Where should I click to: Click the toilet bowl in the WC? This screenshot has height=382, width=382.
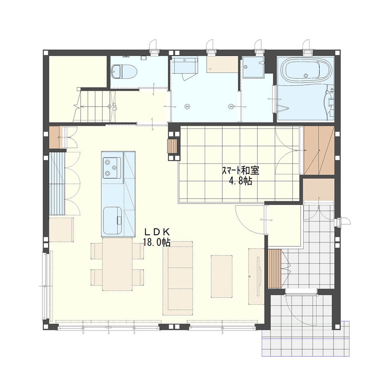click(x=124, y=72)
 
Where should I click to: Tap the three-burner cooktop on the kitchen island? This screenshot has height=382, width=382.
click(x=112, y=168)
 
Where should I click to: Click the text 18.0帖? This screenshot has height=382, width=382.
click(x=157, y=243)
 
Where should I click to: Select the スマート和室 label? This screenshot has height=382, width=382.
click(x=240, y=170)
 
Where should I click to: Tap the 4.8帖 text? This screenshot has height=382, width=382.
click(x=240, y=181)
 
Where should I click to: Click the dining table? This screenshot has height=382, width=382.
click(x=117, y=264)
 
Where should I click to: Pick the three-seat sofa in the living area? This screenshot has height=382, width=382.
click(x=178, y=278)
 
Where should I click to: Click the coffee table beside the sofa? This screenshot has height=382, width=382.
click(x=222, y=276)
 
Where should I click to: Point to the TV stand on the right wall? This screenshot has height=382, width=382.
click(x=256, y=276)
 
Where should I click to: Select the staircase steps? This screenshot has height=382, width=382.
click(x=94, y=106)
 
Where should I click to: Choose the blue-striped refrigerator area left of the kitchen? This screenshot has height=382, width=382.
click(x=57, y=184)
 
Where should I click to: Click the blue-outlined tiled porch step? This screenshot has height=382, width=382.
click(x=306, y=338)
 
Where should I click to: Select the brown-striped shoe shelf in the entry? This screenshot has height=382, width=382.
click(x=274, y=269)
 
